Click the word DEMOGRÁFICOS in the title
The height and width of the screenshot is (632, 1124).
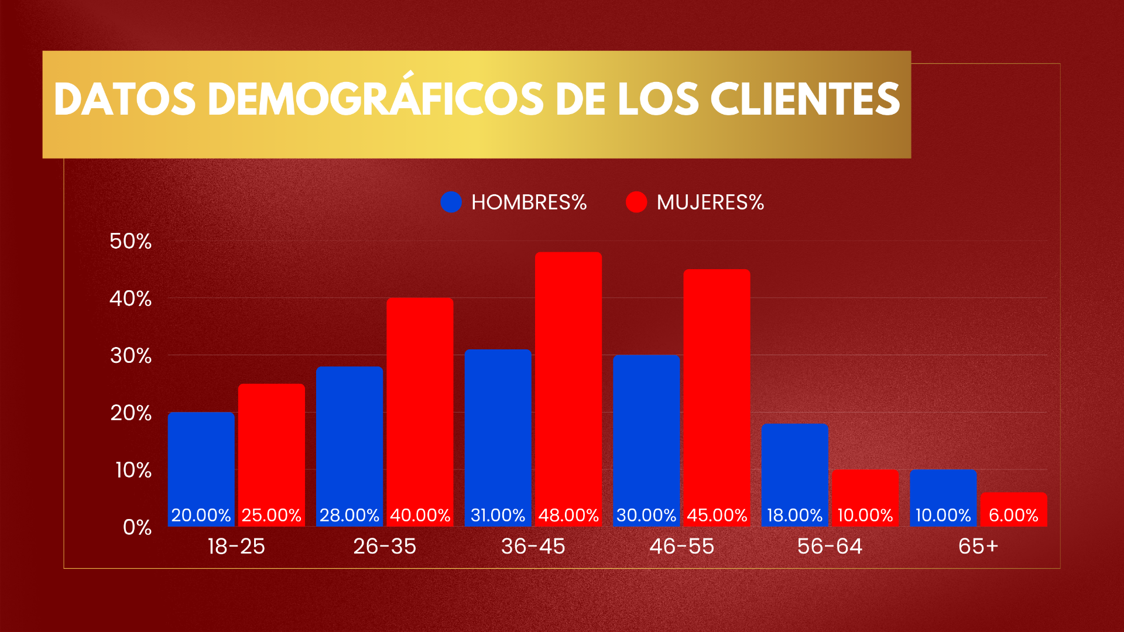tap(375, 99)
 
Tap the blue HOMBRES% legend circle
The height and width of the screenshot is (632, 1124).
tap(451, 202)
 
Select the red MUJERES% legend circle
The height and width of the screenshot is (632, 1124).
tap(636, 202)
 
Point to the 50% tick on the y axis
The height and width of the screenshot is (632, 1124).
tap(131, 241)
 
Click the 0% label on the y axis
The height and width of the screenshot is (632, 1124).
tap(137, 527)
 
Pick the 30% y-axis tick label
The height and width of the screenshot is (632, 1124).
tap(131, 356)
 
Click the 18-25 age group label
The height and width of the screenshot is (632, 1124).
tap(237, 547)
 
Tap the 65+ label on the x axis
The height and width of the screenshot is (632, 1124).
tap(978, 547)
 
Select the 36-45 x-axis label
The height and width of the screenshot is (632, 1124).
tap(533, 547)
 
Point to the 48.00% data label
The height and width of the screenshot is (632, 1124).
tap(568, 516)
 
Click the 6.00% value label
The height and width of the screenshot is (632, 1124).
tap(1013, 516)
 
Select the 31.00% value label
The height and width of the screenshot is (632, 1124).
tap(498, 516)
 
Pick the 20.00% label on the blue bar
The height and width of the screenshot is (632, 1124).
tap(201, 516)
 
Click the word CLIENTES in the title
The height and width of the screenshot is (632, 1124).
tap(805, 99)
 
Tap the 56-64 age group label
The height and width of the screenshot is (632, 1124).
tap(830, 547)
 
